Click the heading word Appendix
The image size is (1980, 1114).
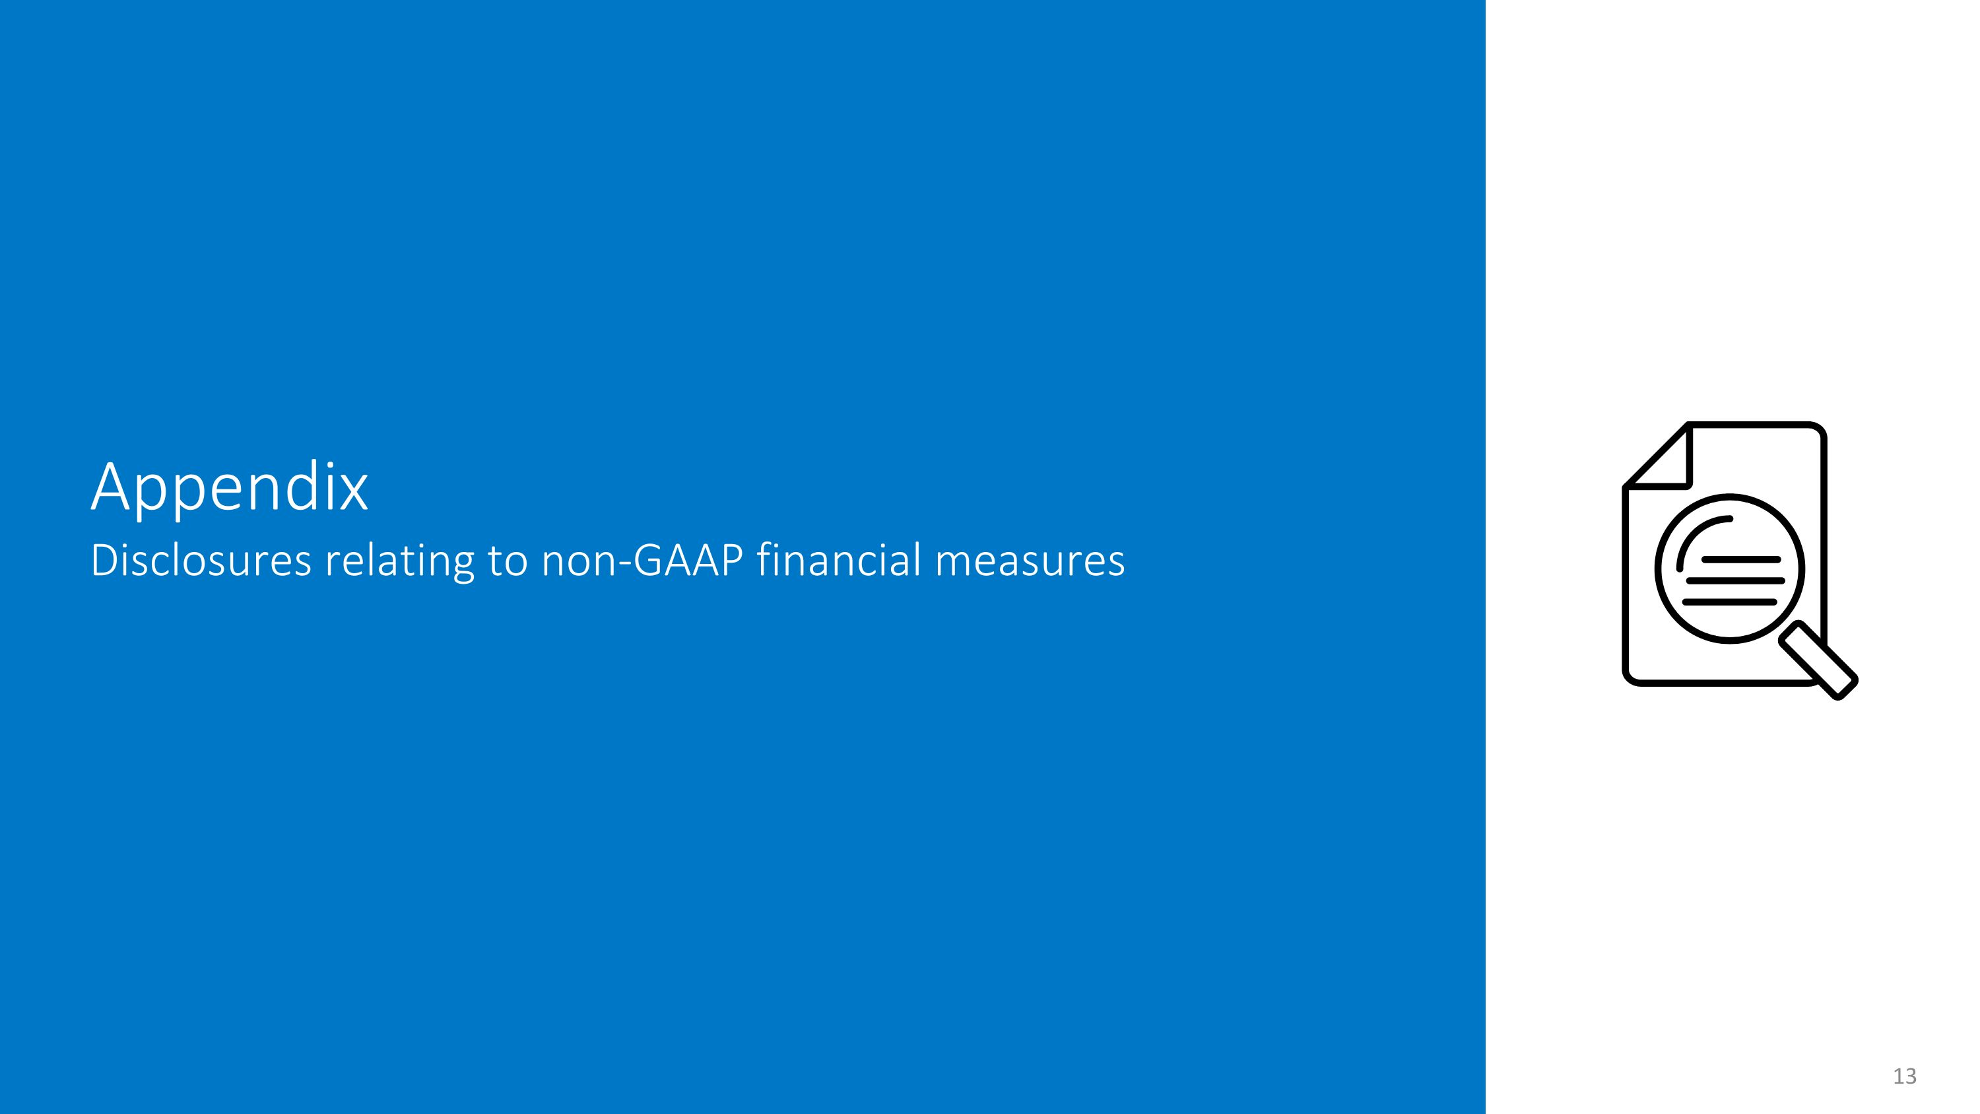click(x=229, y=488)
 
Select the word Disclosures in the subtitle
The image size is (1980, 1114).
click(x=201, y=560)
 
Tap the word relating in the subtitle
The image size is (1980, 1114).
click(x=399, y=560)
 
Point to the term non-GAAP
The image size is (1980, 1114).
click(x=642, y=560)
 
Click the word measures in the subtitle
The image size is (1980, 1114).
click(x=1030, y=560)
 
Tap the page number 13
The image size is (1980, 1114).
click(x=1904, y=1076)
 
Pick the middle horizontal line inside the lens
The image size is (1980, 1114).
click(x=1734, y=580)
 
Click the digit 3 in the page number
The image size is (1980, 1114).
click(x=1910, y=1076)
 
